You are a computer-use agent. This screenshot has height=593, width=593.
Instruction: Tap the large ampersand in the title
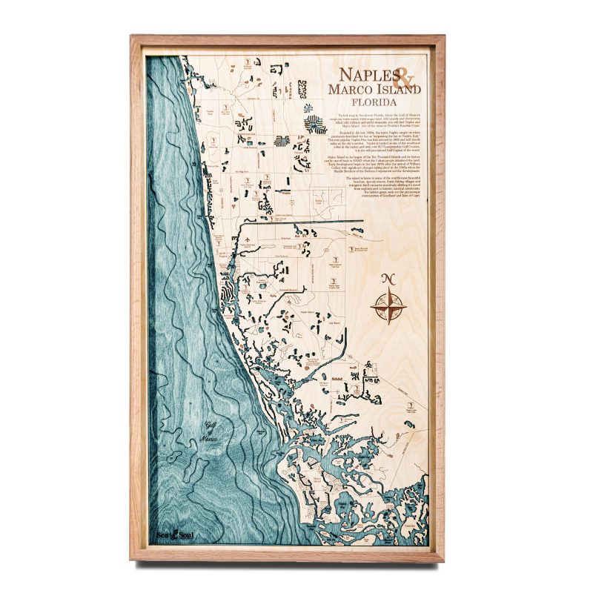tap(405, 76)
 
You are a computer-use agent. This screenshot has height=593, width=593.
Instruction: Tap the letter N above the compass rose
tap(386, 279)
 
